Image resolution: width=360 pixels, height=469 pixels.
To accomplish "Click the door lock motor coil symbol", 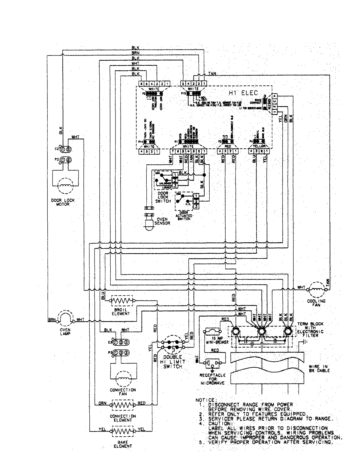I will click(x=65, y=185).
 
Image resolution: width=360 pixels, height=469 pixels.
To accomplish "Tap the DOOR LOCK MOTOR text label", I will click(x=65, y=202).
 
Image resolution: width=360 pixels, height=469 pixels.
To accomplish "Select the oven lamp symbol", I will click(x=65, y=319).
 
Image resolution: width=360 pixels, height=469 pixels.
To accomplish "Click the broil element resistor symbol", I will click(x=122, y=300).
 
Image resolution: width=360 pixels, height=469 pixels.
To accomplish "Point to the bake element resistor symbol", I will click(x=122, y=431).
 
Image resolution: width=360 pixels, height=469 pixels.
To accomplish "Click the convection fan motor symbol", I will click(x=122, y=378).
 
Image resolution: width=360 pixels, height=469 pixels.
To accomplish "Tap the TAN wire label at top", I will click(x=212, y=73).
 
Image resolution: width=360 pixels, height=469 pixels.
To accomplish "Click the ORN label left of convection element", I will click(x=103, y=403).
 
